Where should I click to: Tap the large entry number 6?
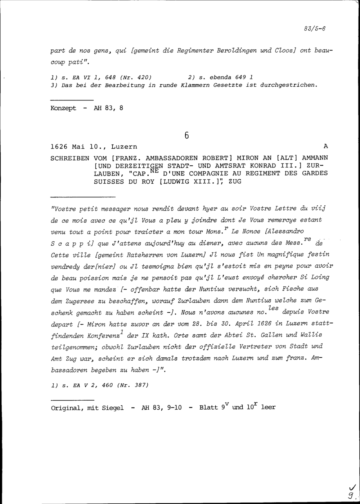[186, 136]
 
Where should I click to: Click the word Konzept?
[63, 108]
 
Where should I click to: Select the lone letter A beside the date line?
[326, 146]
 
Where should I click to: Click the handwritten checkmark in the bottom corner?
[349, 487]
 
